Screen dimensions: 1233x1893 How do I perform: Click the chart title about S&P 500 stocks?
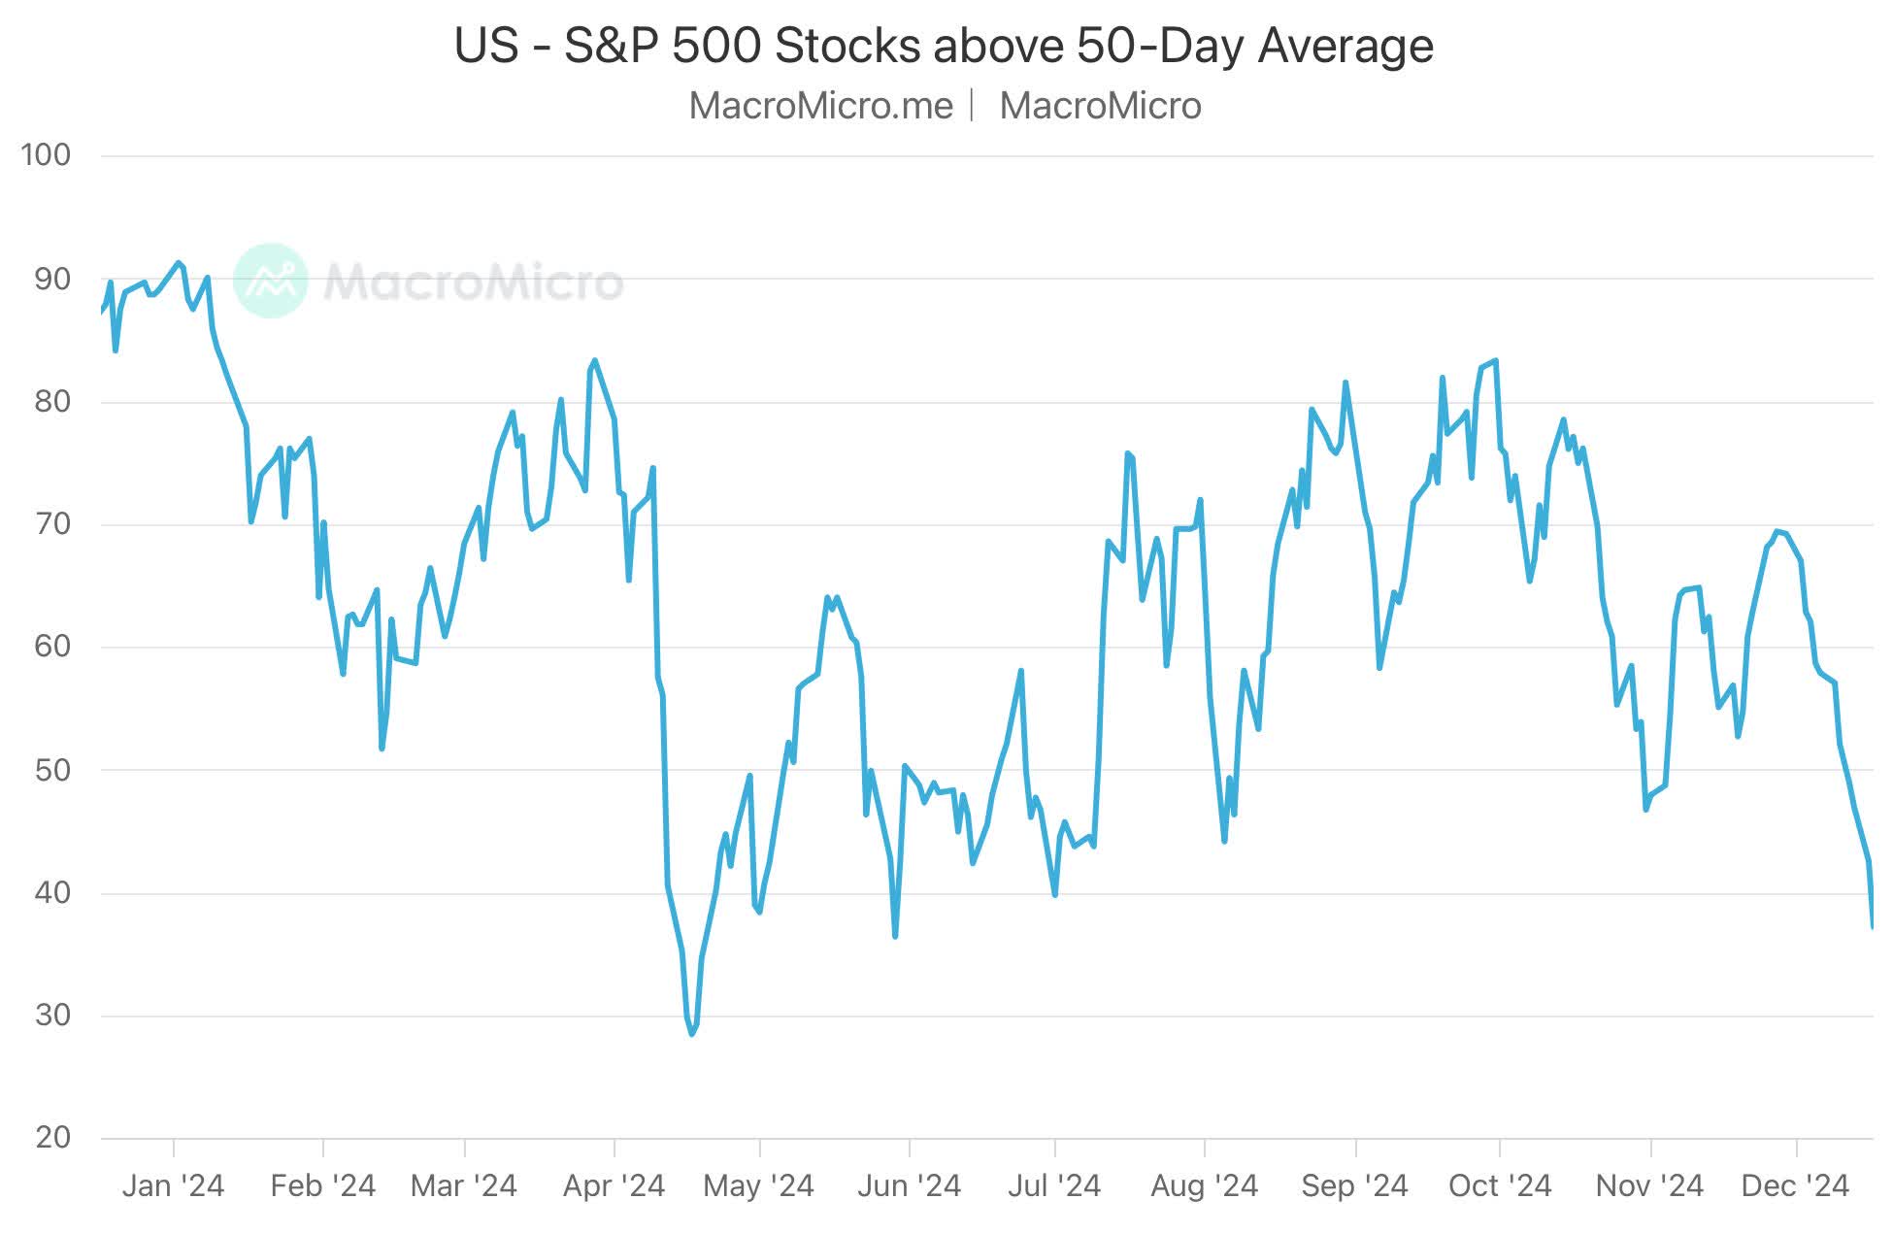tap(944, 46)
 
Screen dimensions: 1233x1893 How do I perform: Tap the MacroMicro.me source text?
tap(820, 106)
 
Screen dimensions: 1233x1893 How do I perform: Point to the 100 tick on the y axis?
tap(46, 154)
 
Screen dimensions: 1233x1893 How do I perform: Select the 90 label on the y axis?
tap(52, 279)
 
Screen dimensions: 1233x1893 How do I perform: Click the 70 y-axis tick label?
tap(52, 524)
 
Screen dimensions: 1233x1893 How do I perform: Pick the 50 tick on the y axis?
tap(52, 770)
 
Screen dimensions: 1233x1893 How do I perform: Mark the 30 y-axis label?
tap(52, 1016)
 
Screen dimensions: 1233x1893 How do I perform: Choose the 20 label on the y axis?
tap(52, 1137)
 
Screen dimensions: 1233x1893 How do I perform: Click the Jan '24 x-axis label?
tap(173, 1185)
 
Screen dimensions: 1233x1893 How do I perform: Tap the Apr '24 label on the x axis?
tap(614, 1185)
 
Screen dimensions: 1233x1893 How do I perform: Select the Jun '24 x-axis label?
tap(909, 1185)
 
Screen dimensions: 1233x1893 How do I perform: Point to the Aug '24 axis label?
tap(1204, 1185)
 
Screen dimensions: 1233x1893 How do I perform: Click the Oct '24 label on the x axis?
tap(1500, 1185)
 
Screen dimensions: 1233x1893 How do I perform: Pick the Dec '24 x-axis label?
tap(1795, 1185)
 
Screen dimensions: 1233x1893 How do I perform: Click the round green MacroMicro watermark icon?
tap(271, 281)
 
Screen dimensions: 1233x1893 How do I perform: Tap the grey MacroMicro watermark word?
tap(473, 282)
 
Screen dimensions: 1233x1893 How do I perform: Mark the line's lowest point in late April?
tap(692, 1034)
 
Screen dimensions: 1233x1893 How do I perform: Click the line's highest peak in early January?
tap(178, 262)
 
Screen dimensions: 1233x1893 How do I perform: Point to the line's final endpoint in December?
tap(1873, 927)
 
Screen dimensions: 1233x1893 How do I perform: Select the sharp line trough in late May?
tap(895, 936)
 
